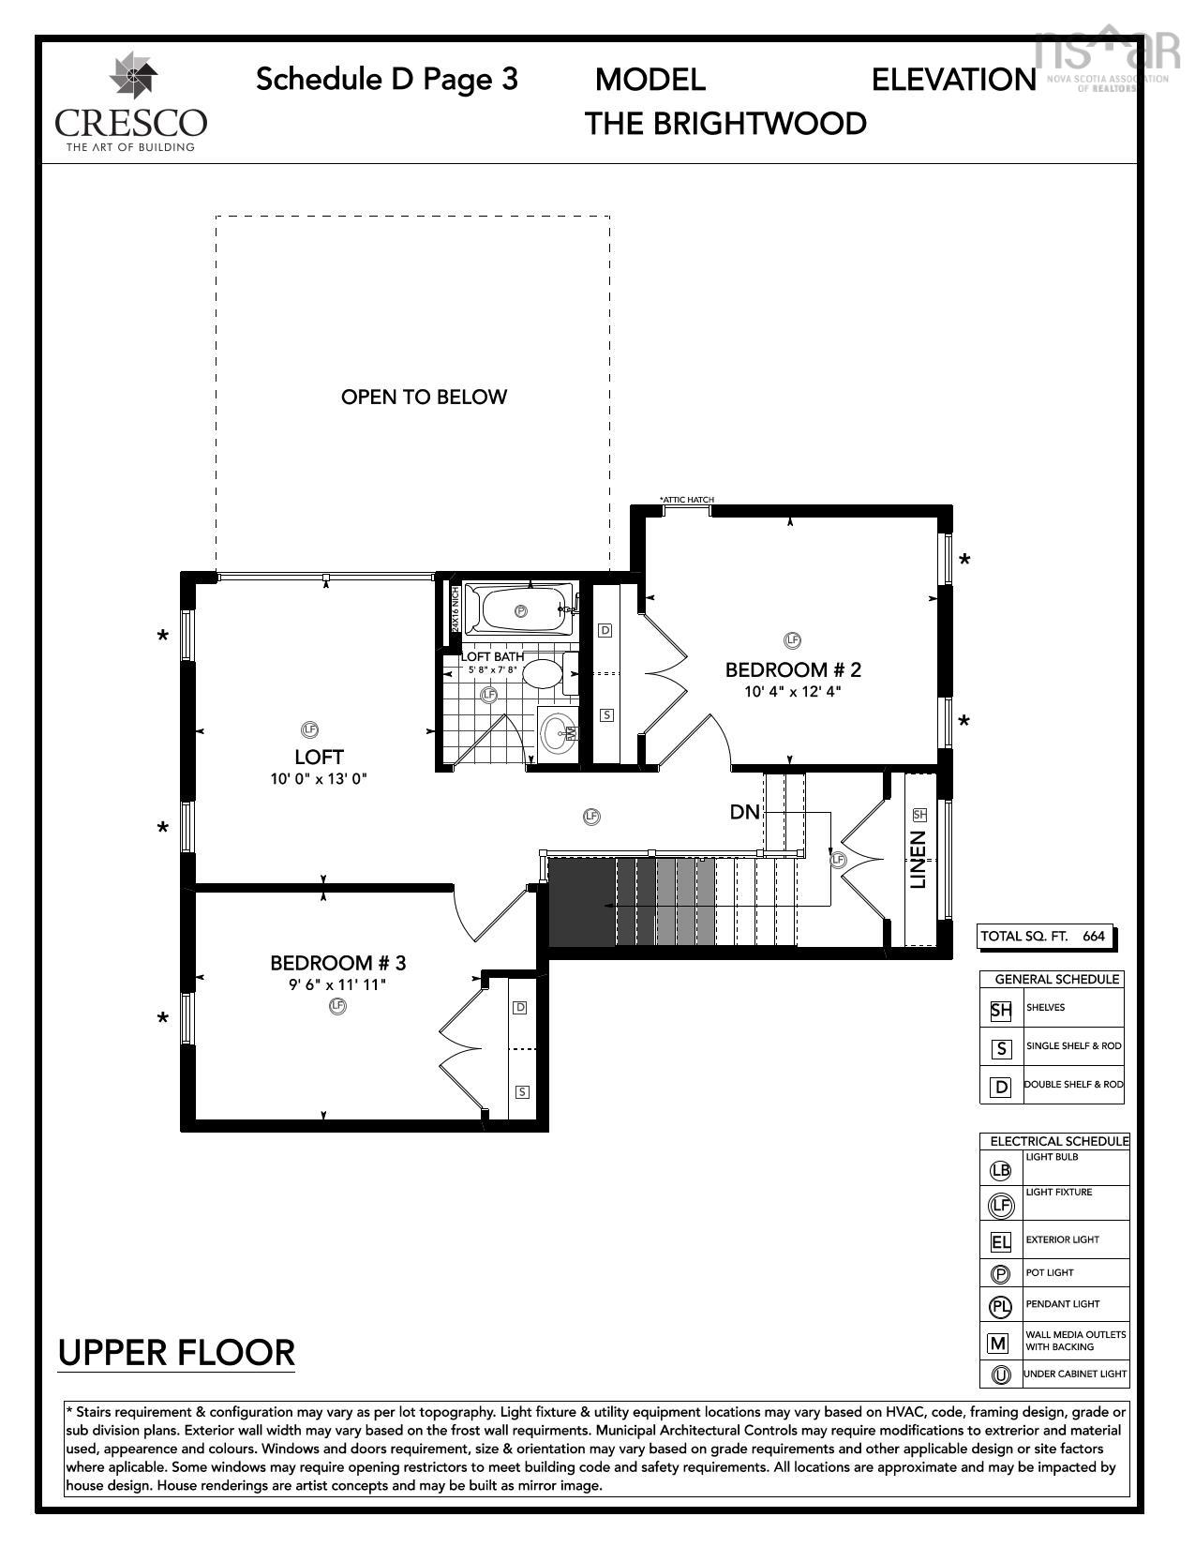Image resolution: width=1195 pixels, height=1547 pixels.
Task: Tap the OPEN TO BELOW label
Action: tap(424, 397)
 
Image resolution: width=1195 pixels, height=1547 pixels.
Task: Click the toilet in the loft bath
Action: tap(543, 674)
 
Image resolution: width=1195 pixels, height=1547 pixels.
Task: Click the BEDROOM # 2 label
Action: tap(793, 669)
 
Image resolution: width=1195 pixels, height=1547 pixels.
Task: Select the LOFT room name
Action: tap(319, 757)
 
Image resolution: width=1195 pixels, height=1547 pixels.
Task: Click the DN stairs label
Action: tap(744, 812)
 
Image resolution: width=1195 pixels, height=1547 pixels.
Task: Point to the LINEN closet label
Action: tap(919, 859)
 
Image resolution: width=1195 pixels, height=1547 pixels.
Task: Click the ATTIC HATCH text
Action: tap(686, 500)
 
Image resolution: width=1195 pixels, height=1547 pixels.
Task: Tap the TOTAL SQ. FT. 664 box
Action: tap(1042, 936)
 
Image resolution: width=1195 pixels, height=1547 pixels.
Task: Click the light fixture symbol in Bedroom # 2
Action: tap(792, 640)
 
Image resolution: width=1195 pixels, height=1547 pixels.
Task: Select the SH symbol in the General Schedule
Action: tap(1001, 1011)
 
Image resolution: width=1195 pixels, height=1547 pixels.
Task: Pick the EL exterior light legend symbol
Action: tap(1001, 1243)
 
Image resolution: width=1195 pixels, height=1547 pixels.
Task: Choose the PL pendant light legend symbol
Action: tap(1001, 1306)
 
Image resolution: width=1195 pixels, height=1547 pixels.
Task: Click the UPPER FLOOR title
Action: tap(176, 1353)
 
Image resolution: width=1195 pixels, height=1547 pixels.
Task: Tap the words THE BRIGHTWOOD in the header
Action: tap(725, 124)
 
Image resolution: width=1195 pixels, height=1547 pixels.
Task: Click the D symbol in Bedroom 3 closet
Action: tap(520, 1008)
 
